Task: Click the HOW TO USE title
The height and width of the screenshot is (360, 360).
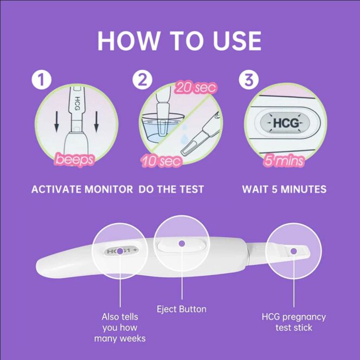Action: click(x=179, y=41)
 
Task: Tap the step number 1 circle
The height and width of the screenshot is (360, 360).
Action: click(x=42, y=81)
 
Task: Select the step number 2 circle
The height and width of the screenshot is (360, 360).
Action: click(x=142, y=80)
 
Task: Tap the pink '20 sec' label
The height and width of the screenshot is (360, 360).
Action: click(x=196, y=87)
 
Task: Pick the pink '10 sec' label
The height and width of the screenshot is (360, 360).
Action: click(x=162, y=161)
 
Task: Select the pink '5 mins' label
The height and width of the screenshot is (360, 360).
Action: click(x=283, y=161)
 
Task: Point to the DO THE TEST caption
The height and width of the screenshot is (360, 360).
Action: click(x=171, y=189)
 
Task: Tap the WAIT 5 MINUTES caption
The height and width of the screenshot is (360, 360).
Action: click(x=284, y=189)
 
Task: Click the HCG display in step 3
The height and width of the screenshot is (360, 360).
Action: click(x=284, y=123)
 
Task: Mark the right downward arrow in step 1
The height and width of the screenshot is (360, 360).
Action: click(x=96, y=123)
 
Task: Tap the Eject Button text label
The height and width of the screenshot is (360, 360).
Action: click(x=182, y=309)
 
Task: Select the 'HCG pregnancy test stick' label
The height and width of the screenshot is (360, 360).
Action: click(x=294, y=322)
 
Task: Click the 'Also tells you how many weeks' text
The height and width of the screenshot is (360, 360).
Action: click(x=119, y=328)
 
